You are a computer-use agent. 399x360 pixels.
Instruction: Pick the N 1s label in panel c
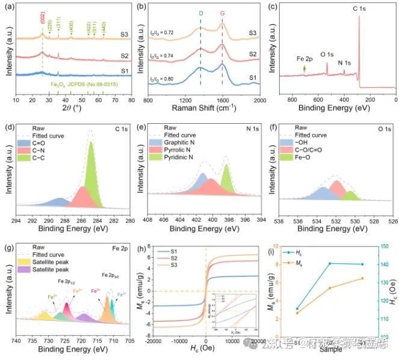click(344, 62)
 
